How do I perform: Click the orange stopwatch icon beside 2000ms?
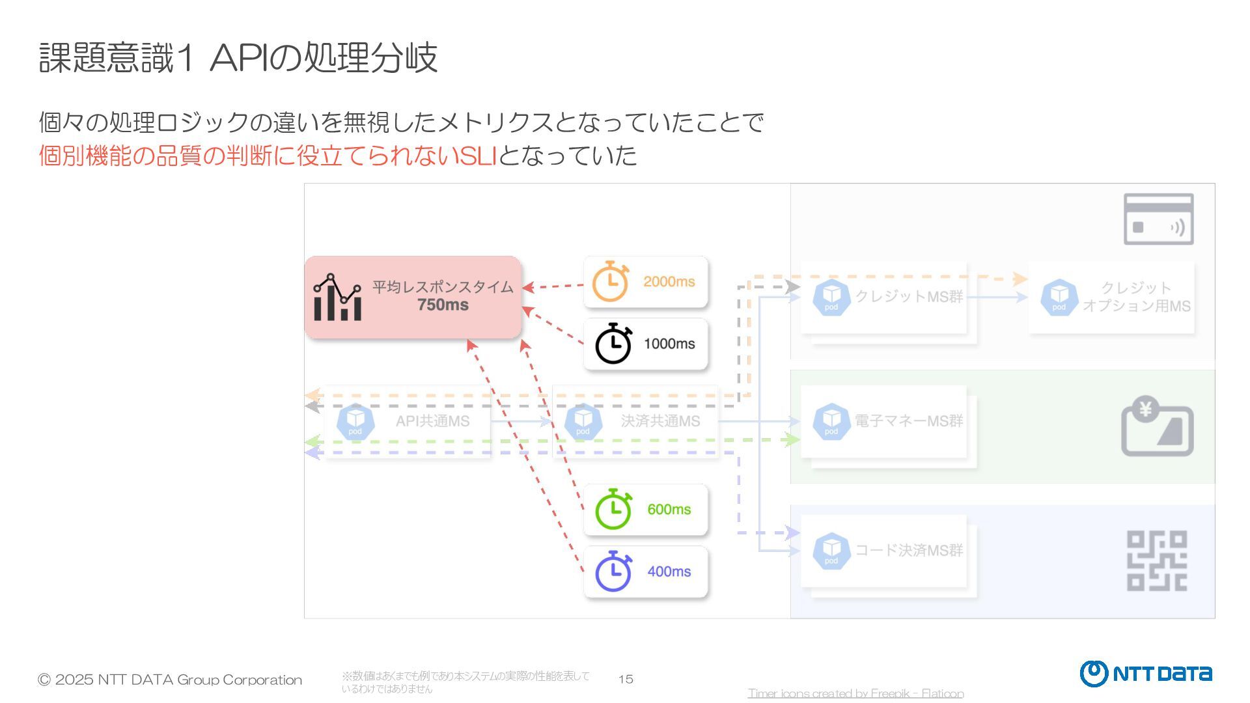[x=610, y=282]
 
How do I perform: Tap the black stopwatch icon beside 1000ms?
[x=613, y=344]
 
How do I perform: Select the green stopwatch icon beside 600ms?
[x=613, y=509]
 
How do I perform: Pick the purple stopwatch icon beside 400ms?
[x=613, y=572]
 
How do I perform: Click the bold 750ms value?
[x=443, y=305]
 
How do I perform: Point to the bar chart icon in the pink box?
[x=337, y=297]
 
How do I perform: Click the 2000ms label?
[x=669, y=282]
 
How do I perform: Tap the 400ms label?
[x=669, y=572]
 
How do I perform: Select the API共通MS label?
[x=432, y=421]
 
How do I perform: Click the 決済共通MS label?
[x=660, y=421]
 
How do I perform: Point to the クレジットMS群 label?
[x=909, y=297]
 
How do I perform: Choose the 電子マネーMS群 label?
[x=909, y=421]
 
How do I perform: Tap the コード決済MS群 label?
[x=909, y=551]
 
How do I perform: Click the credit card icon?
[x=1158, y=219]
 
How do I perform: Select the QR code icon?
[x=1157, y=560]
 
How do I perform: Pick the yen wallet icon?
[x=1157, y=426]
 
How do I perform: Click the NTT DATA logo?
[x=1146, y=674]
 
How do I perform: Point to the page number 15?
[x=626, y=680]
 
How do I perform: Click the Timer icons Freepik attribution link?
[x=855, y=693]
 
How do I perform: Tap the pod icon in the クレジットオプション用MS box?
[x=1059, y=297]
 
